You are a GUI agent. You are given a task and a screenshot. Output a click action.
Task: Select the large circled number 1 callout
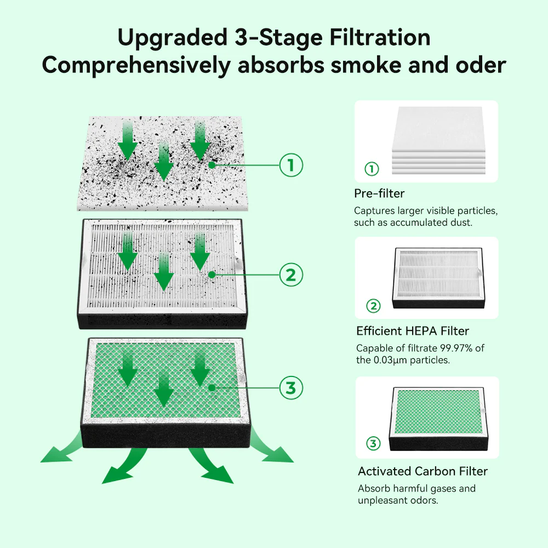pos(291,165)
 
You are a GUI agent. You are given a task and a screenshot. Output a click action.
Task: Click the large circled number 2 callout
pos(291,275)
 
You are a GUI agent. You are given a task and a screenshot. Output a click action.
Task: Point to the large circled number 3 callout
pos(291,388)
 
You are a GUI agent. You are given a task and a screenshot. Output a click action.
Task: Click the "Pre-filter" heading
pos(379,193)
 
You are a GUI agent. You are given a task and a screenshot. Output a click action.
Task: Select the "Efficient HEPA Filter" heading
pos(413,331)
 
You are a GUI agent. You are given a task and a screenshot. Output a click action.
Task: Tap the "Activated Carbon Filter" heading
pos(423,471)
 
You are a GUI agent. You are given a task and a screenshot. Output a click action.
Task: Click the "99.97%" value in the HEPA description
pos(456,349)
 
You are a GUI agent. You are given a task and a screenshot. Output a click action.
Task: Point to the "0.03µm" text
pos(392,361)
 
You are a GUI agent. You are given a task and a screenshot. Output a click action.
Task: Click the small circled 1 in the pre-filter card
pos(372,169)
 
